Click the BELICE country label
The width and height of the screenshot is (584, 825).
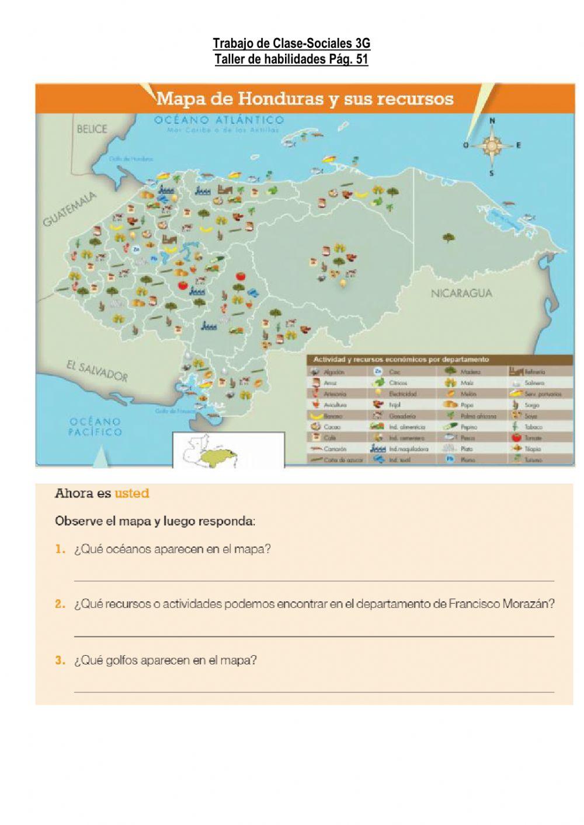92,129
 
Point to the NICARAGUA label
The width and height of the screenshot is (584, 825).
461,293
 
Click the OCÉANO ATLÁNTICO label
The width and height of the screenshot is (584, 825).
219,120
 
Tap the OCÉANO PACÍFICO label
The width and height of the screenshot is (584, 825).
95,427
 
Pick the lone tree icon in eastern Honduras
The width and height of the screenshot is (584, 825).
449,237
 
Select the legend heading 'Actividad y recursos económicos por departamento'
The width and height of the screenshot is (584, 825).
401,360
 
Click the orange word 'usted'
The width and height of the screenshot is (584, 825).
132,493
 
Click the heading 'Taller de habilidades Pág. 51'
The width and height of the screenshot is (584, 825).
291,59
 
